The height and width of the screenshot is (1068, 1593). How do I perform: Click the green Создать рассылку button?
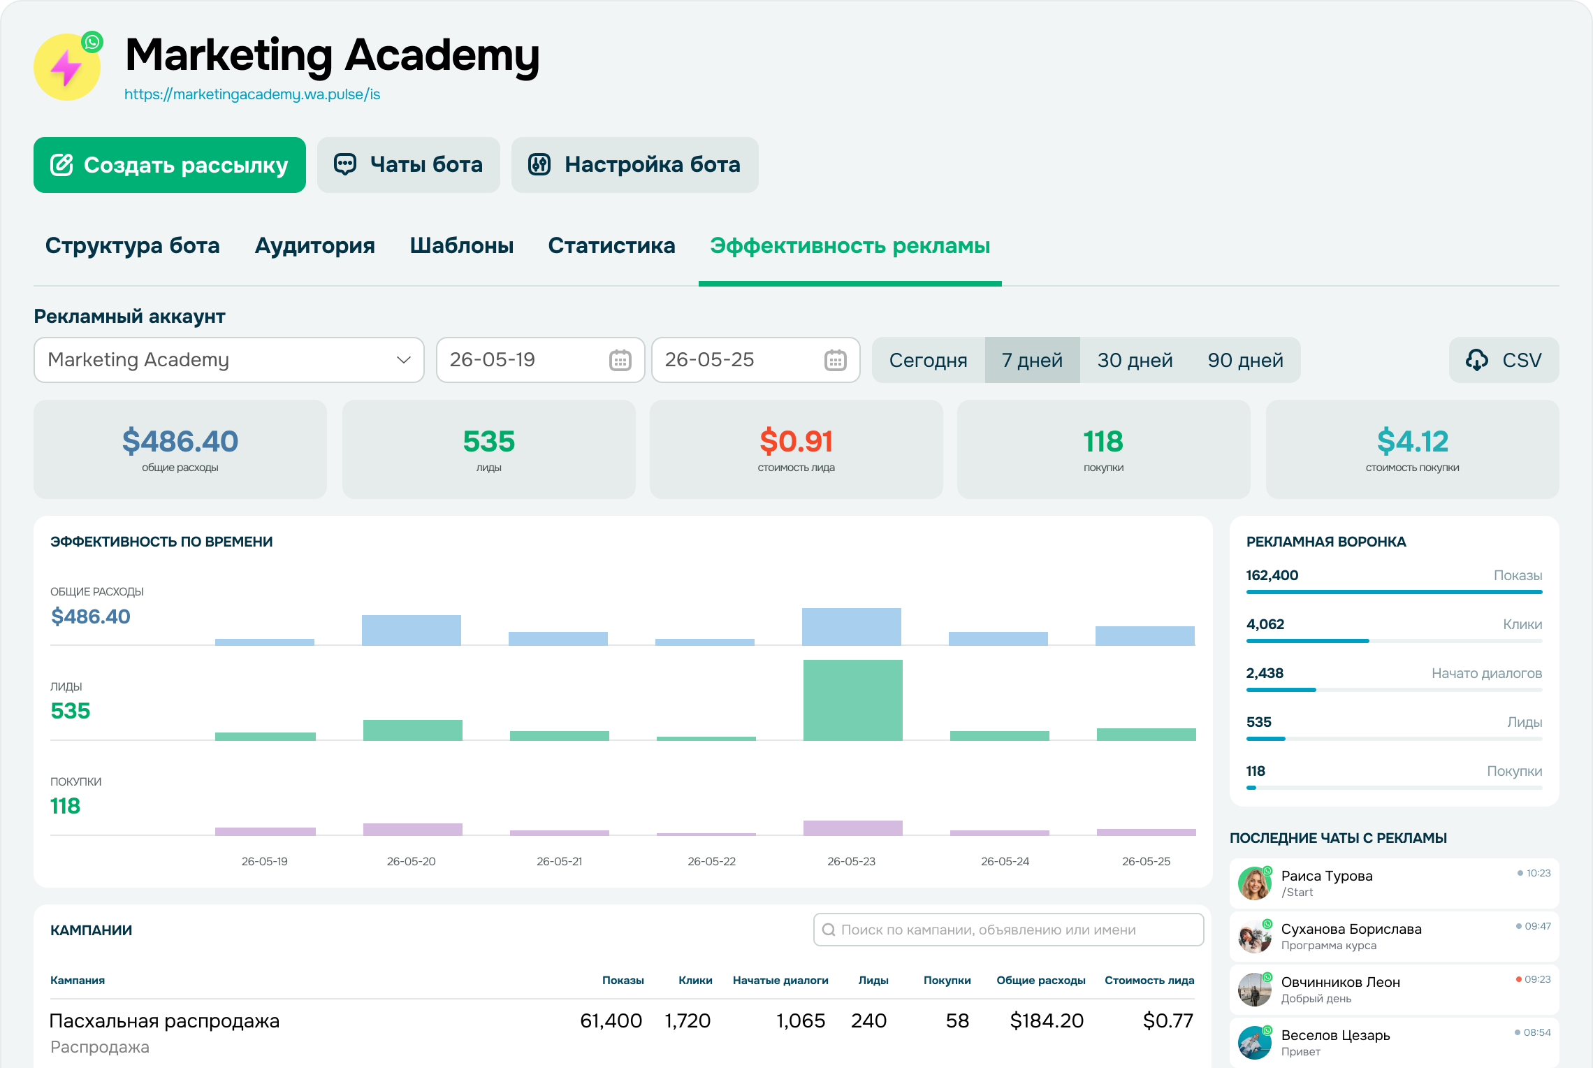170,165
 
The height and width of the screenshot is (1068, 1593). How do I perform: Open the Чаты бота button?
409,165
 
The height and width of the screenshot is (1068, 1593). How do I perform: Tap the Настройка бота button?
635,165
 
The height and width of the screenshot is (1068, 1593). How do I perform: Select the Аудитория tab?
315,245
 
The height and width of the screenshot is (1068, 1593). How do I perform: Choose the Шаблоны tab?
462,245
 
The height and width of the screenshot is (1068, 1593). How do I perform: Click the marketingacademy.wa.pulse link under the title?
252,94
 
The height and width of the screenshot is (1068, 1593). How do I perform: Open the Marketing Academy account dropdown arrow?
403,360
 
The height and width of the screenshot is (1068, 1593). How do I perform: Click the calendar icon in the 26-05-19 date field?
620,360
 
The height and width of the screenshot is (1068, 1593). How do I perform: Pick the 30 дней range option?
1135,360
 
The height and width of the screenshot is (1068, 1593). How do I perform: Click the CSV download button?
1504,360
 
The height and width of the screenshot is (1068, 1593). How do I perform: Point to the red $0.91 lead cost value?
796,441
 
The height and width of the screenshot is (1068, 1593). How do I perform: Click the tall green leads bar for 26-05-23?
853,700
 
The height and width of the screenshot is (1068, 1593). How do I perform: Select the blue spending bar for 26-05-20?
412,630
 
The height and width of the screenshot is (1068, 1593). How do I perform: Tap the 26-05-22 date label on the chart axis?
712,861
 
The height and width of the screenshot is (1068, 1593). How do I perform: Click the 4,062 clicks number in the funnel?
1265,624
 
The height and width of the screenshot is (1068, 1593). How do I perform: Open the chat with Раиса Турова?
1395,883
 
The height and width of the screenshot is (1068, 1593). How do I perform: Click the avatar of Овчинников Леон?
1255,990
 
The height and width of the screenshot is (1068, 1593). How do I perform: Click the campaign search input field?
1009,930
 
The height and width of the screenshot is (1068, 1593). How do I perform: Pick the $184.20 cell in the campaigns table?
1047,1021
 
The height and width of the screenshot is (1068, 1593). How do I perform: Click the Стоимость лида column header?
1149,981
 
